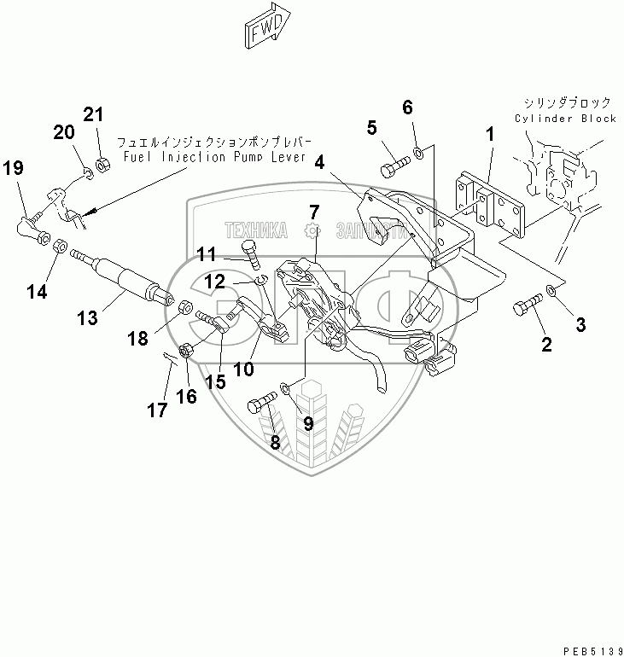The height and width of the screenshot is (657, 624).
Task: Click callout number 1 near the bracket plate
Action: coord(490,134)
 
